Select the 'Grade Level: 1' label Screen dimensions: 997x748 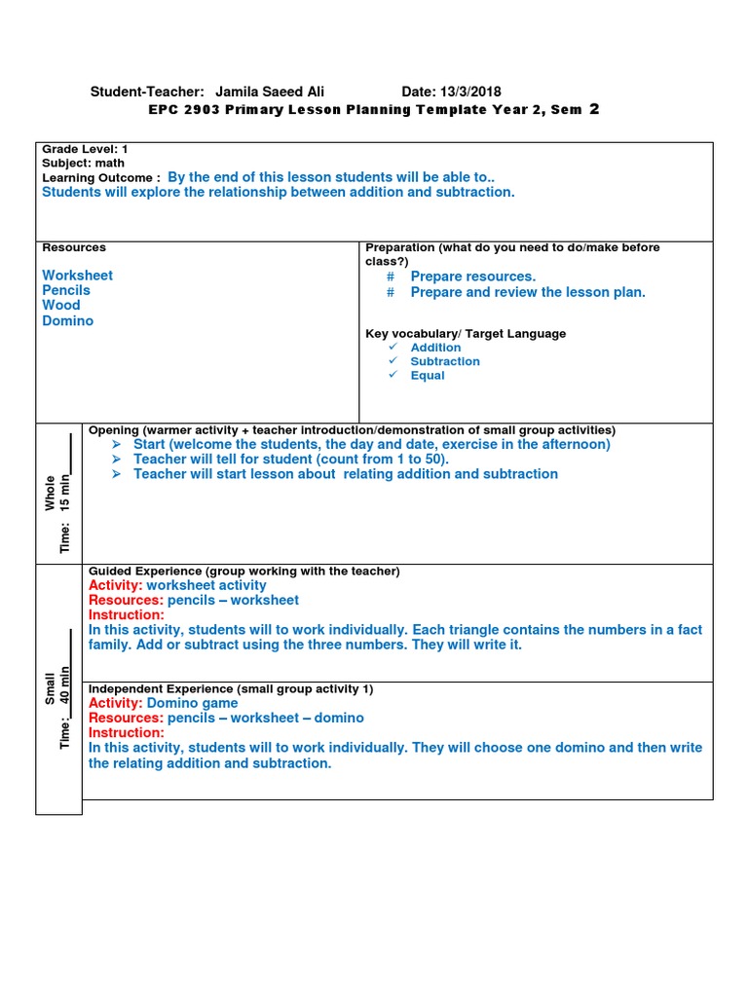tap(85, 149)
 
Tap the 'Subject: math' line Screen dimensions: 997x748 tap(83, 164)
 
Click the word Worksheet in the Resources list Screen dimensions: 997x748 tap(77, 276)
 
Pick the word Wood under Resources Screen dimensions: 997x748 tap(61, 305)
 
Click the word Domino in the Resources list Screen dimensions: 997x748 tap(68, 320)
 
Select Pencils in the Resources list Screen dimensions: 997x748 tap(66, 290)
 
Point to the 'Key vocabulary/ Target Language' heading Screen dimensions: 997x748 tap(466, 333)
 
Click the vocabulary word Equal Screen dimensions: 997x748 tap(427, 376)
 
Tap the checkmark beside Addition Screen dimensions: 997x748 tap(393, 348)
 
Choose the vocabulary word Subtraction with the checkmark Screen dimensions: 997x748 tap(444, 361)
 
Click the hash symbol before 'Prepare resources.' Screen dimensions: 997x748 tap(391, 277)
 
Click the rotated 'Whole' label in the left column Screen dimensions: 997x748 tap(50, 493)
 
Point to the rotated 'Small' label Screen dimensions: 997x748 tap(50, 688)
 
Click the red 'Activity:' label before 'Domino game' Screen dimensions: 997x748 tap(115, 703)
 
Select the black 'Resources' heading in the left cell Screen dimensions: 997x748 tap(74, 247)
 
